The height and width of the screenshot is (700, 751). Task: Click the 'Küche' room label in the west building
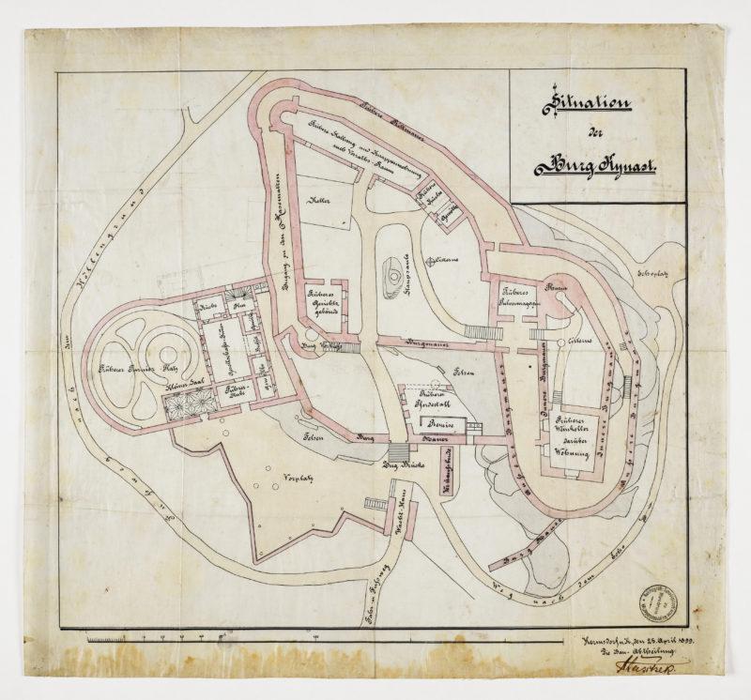coord(207,307)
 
